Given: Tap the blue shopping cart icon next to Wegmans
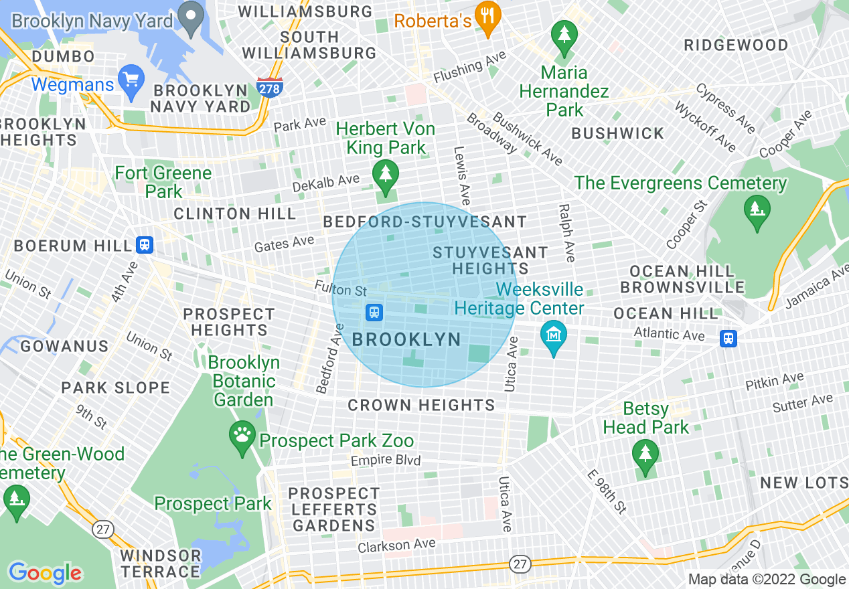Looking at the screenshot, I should coord(131,79).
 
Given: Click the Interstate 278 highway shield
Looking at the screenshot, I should coord(269,87).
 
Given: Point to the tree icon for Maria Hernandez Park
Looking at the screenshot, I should coord(564,37).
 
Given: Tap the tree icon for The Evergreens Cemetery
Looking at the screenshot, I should coord(757,212).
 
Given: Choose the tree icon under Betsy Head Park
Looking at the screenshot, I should coord(645,456).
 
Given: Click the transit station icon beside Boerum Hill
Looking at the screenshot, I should coord(144,245).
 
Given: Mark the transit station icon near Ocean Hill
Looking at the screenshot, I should coord(728,338).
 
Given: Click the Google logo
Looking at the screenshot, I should coord(45,573).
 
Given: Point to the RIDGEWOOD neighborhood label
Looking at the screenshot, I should coord(736,46).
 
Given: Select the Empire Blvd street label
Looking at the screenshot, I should coord(386,460).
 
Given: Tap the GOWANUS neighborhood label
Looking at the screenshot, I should coord(64,346).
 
